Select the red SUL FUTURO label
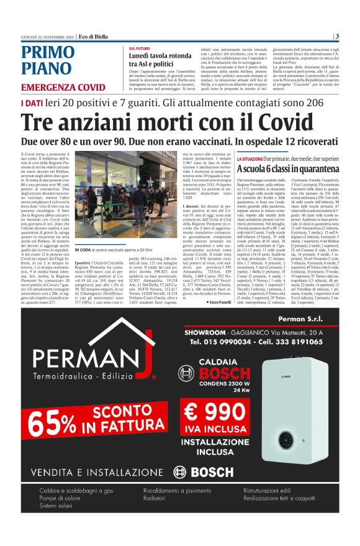coord(140,48)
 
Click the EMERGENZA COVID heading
coord(63,88)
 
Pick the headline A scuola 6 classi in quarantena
coord(287,168)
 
